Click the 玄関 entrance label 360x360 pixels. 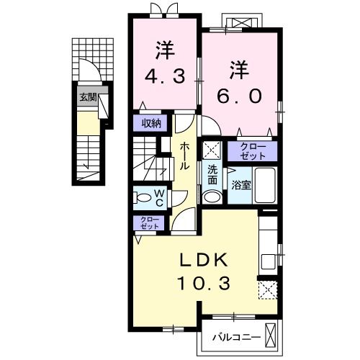[88, 98]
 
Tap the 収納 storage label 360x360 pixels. [150, 122]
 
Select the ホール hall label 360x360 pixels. [184, 155]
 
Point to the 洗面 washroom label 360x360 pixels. [213, 174]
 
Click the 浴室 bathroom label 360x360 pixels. [240, 184]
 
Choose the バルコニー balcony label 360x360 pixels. [236, 336]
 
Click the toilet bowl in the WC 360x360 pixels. [143, 197]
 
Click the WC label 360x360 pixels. [161, 197]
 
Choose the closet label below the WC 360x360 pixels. [149, 223]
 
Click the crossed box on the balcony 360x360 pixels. [271, 335]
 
